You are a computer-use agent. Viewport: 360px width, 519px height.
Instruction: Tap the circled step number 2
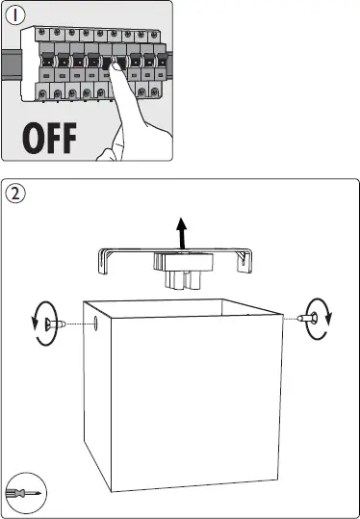coord(15,194)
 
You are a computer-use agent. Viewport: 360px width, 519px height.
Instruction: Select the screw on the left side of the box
coord(54,324)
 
